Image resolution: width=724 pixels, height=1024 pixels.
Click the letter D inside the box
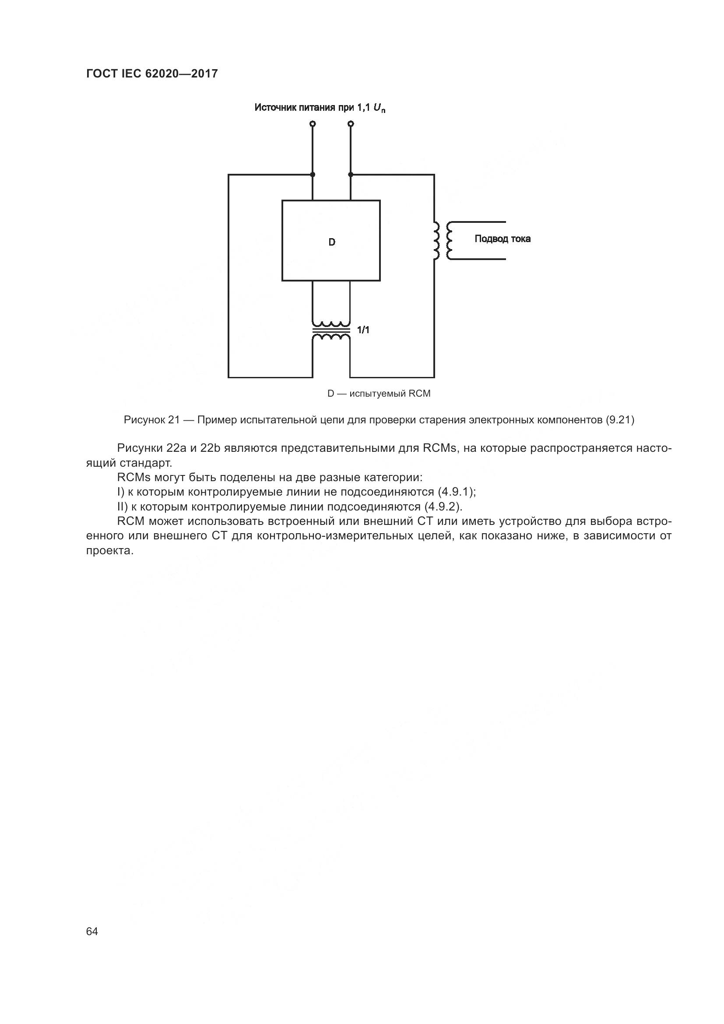332,242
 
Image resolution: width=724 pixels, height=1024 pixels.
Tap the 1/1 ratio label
363,330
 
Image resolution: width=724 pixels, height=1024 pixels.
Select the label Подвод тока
503,239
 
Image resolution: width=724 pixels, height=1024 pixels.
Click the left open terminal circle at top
313,123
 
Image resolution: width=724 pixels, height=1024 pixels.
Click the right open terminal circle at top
351,123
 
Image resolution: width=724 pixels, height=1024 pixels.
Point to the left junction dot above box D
313,174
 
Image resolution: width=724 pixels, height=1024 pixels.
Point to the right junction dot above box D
351,174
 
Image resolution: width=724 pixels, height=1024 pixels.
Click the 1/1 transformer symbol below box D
331,331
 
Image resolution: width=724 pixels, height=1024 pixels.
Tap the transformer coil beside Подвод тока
443,240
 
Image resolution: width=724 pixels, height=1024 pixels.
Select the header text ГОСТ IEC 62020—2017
151,74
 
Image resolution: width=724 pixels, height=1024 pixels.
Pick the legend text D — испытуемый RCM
379,394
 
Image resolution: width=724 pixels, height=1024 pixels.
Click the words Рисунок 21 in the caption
151,420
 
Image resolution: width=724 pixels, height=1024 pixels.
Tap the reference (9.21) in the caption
620,420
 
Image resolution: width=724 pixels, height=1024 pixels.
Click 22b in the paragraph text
211,448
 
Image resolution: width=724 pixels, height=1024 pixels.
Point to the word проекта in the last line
110,551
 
